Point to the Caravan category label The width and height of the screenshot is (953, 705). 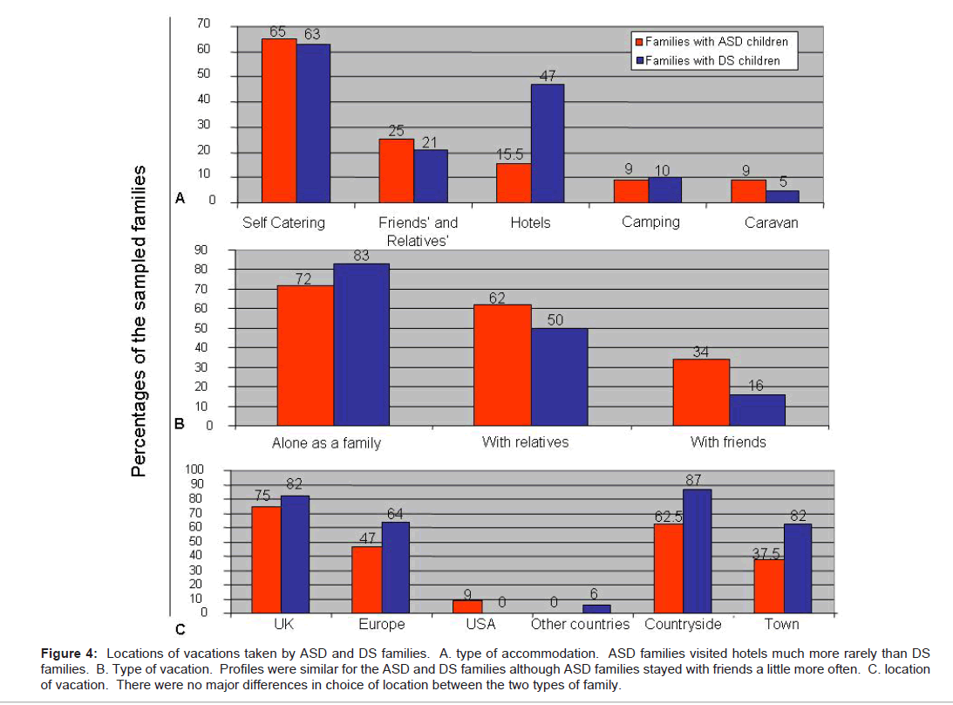(771, 222)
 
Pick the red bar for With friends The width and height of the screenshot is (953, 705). (702, 393)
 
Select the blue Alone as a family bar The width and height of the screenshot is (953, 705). (361, 345)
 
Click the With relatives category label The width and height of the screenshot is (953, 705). (525, 442)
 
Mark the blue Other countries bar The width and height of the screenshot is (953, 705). (597, 609)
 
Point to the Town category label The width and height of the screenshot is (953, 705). (782, 625)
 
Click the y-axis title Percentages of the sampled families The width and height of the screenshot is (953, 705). (139, 322)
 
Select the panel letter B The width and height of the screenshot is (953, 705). (180, 427)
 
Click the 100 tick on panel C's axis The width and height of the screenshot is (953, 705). (198, 470)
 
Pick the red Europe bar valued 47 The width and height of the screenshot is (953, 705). (366, 580)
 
